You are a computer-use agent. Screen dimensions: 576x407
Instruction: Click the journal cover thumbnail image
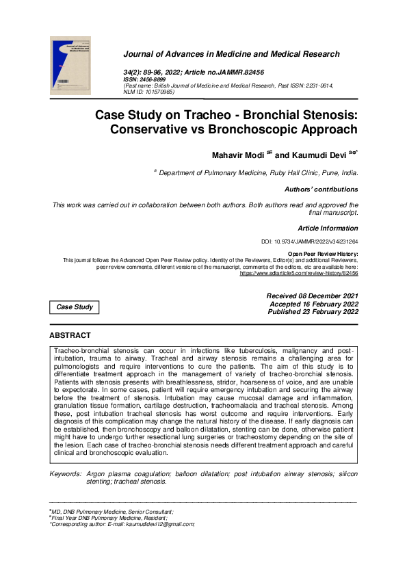coord(69,68)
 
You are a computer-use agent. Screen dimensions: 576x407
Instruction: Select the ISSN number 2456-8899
coord(155,79)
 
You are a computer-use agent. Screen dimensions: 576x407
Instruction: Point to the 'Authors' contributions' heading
coord(320,189)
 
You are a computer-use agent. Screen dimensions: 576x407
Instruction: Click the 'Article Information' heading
coord(327,228)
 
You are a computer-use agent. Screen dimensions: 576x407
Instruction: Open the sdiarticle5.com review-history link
coord(298,273)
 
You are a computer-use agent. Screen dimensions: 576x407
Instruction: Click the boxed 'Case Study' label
coord(75,307)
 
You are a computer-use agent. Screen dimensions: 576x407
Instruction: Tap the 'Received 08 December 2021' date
coord(312,296)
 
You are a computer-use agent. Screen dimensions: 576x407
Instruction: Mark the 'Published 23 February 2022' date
coord(313,312)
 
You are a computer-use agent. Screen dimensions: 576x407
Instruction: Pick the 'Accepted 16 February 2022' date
coord(313,304)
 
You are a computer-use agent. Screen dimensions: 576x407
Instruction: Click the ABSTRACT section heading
coord(70,335)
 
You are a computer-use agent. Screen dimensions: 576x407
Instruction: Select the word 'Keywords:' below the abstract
coord(66,473)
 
